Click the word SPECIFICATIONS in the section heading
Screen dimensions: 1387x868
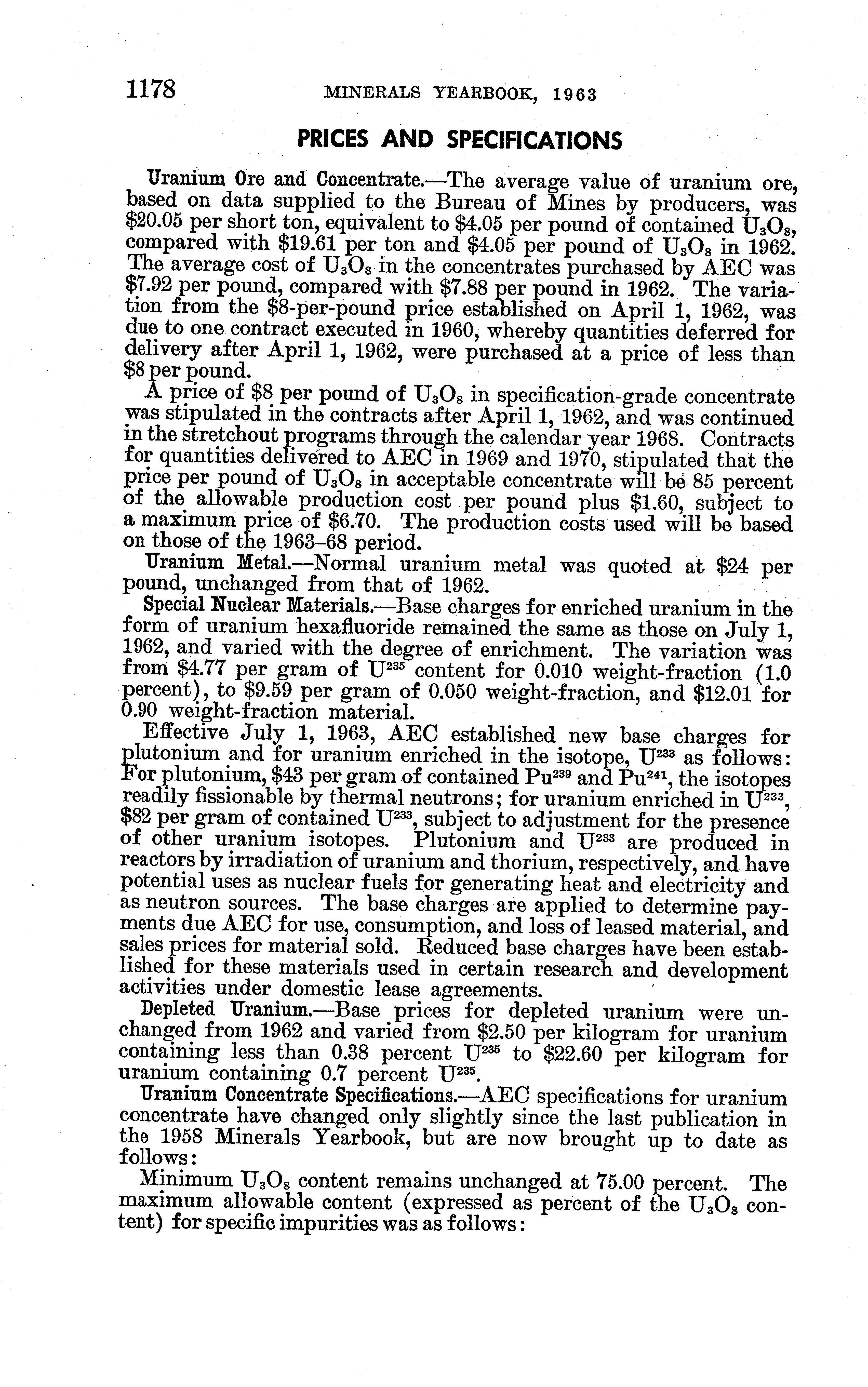[x=534, y=140]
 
